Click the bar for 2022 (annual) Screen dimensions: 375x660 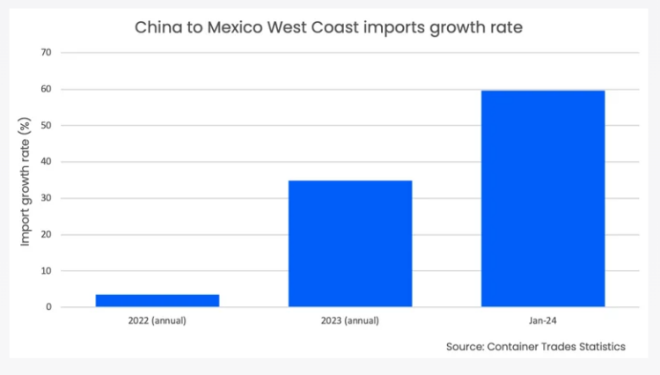(x=157, y=300)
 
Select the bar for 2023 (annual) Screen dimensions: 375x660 (x=350, y=244)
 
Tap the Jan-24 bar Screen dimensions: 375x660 (x=543, y=199)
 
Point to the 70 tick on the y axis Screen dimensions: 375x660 (x=46, y=52)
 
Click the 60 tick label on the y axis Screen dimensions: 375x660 (x=46, y=89)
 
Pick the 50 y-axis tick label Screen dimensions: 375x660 (x=46, y=125)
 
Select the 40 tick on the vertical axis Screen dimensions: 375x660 (x=46, y=162)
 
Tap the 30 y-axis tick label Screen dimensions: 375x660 (x=46, y=198)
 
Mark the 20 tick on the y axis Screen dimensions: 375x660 (x=46, y=235)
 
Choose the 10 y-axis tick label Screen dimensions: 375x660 (x=46, y=271)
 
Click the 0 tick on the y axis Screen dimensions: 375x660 (x=48, y=307)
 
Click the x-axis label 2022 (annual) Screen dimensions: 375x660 (x=157, y=321)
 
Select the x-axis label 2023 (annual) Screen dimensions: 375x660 (x=350, y=321)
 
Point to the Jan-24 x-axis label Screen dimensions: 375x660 (x=543, y=321)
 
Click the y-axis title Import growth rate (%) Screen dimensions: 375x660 (x=25, y=180)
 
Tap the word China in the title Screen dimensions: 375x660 (x=155, y=27)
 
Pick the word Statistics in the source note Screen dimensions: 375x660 (x=598, y=347)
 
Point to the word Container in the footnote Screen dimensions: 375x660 (x=518, y=347)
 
